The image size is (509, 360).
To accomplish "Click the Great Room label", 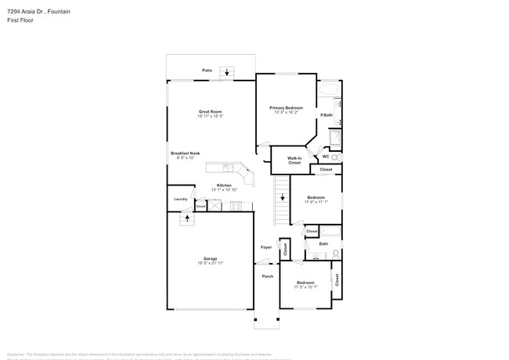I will pyautogui.click(x=211, y=111).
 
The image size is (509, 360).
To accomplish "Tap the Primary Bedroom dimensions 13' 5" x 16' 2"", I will pyautogui.click(x=286, y=112).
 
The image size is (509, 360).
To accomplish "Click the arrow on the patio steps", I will pyautogui.click(x=227, y=73).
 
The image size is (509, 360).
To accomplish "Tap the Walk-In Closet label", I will pyautogui.click(x=294, y=160).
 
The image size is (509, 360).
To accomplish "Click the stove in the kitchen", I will pyautogui.click(x=236, y=206).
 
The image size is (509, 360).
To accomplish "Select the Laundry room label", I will pyautogui.click(x=180, y=200).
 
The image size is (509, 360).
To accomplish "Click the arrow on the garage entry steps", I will pyautogui.click(x=186, y=218).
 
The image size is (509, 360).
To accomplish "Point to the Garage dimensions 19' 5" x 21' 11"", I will pyautogui.click(x=211, y=263).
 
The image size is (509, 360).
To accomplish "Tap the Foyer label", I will pyautogui.click(x=266, y=247).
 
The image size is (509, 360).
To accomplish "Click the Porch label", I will pyautogui.click(x=266, y=275).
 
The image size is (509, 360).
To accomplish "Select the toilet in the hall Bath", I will pyautogui.click(x=335, y=253).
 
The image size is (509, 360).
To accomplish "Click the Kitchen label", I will pyautogui.click(x=224, y=185).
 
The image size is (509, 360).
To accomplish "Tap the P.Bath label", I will pyautogui.click(x=327, y=116).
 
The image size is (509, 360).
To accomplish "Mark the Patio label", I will pyautogui.click(x=208, y=70).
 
